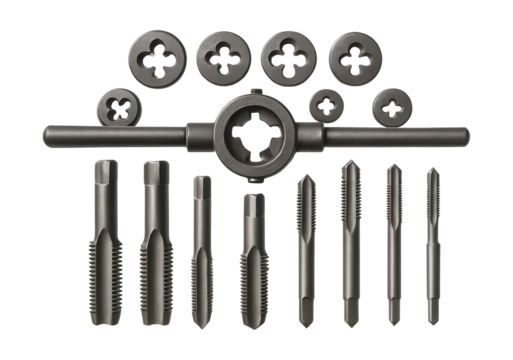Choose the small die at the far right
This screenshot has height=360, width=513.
coord(391,105)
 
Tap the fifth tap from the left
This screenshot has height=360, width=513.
coord(304,255)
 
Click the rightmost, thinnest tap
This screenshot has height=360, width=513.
coord(433,245)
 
